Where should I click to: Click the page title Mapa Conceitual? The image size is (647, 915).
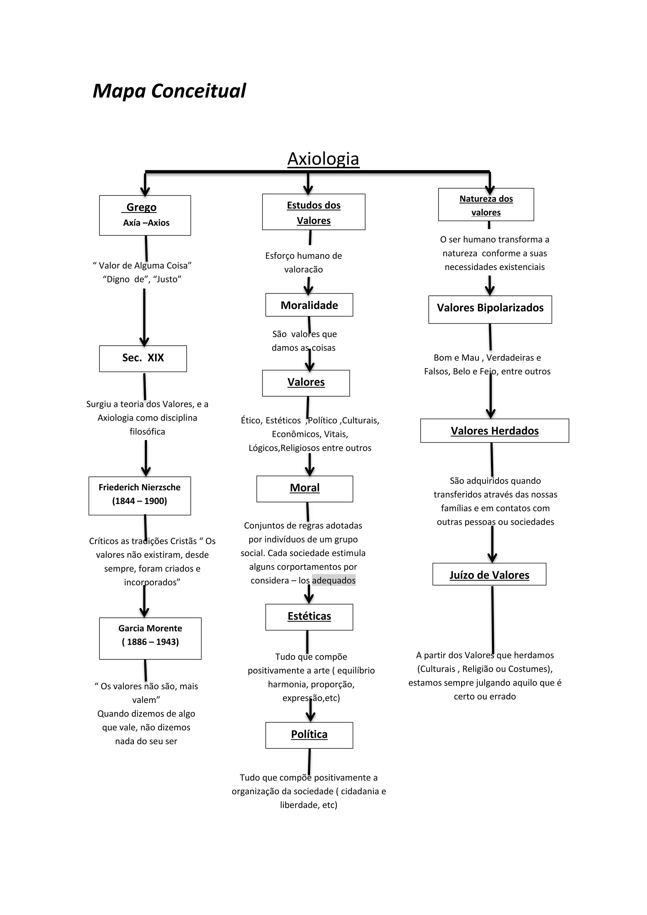click(x=169, y=91)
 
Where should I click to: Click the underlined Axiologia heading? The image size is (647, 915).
click(x=323, y=159)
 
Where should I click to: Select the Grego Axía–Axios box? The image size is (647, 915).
click(x=145, y=215)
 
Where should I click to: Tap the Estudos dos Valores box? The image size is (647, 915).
click(x=313, y=212)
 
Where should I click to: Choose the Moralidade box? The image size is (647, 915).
click(x=309, y=305)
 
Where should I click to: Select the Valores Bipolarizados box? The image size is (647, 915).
click(x=490, y=309)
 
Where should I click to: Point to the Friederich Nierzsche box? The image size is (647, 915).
click(x=139, y=495)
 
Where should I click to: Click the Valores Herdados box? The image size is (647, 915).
click(x=494, y=431)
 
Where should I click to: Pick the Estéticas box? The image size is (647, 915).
click(x=309, y=617)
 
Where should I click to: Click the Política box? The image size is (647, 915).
click(x=309, y=735)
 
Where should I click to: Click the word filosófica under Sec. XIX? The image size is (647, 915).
click(x=147, y=432)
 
